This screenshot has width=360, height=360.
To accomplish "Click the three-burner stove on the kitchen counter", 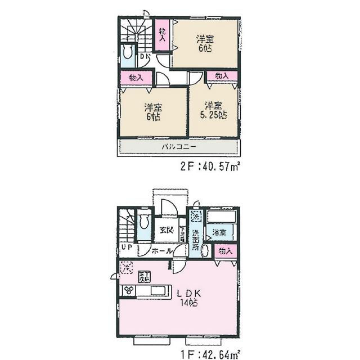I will pyautogui.click(x=130, y=291).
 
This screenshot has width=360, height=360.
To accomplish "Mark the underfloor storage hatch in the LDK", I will pyautogui.click(x=144, y=276).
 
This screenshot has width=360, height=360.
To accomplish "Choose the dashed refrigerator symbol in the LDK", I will pyautogui.click(x=125, y=267).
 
